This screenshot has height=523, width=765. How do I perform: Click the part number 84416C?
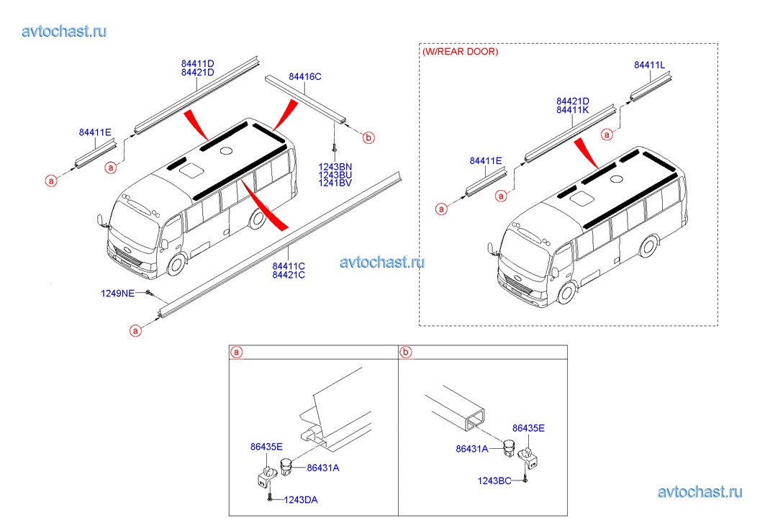305,76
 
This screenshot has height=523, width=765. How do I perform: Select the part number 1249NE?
117,294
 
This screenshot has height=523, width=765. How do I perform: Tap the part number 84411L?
649,65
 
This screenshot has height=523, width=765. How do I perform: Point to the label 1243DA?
301,499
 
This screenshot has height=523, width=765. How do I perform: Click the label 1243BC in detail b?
494,481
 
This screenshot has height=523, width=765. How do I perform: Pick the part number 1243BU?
335,175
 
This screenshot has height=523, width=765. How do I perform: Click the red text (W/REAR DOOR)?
460,51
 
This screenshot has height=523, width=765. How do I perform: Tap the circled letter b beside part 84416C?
368,137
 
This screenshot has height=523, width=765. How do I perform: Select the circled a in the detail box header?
237,352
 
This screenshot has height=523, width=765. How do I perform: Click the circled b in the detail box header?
405,352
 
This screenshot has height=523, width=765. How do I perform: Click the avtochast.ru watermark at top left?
64,31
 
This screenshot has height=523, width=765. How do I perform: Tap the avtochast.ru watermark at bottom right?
700,492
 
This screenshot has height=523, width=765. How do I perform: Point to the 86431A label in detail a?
323,468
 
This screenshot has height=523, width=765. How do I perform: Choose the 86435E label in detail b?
528,428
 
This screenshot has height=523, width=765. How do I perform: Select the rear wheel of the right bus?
649,246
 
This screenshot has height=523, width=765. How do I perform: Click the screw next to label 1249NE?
149,294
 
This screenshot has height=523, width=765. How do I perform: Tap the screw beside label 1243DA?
269,498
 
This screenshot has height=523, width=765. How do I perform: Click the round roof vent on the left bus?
225,151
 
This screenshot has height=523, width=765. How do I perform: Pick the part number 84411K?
573,110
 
